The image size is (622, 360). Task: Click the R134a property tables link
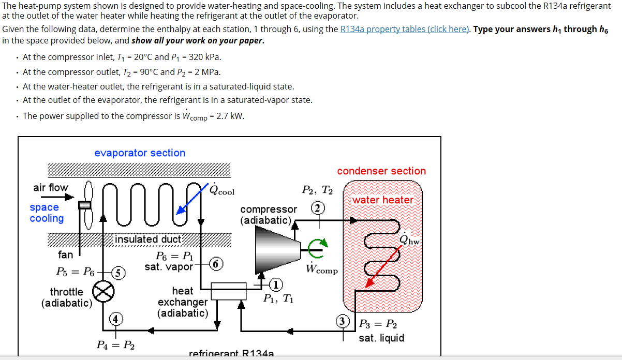tap(405, 29)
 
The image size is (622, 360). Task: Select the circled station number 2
tap(318, 207)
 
